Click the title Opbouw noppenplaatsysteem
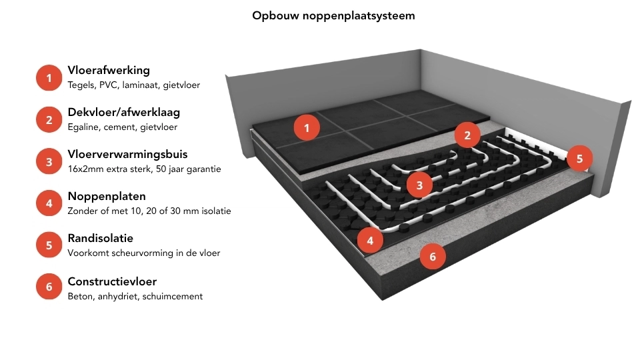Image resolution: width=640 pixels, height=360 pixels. (333, 15)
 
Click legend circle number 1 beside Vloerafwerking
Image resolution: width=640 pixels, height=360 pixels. (49, 78)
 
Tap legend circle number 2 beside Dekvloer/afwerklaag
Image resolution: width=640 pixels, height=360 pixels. (49, 120)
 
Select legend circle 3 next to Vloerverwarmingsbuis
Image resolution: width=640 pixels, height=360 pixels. (49, 162)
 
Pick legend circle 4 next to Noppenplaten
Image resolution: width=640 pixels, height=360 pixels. (49, 203)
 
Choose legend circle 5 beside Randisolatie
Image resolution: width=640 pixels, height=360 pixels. (49, 245)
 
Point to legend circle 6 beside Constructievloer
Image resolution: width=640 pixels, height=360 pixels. (49, 287)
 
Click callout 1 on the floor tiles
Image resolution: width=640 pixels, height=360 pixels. (307, 127)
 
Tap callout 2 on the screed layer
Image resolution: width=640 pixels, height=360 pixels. (467, 136)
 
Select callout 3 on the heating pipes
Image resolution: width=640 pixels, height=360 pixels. (419, 185)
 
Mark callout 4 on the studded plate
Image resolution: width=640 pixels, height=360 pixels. (370, 239)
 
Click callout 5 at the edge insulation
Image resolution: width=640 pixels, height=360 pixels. (579, 159)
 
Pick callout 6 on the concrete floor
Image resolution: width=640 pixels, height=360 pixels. (433, 256)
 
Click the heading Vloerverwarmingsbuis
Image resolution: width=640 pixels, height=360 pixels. (127, 155)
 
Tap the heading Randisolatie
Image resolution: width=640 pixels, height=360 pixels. (100, 238)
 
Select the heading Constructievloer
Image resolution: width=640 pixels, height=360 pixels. (112, 280)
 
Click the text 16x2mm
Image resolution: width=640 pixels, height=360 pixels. (84, 169)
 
